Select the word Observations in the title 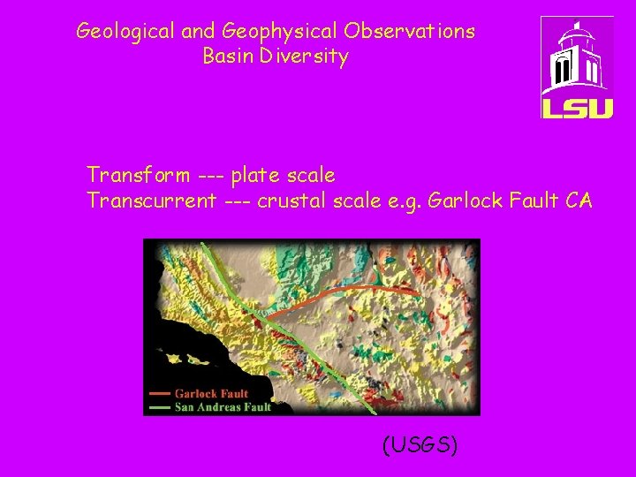click(410, 32)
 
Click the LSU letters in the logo click(576, 107)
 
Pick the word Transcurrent click(151, 201)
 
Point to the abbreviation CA click(579, 201)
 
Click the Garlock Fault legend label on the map click(212, 394)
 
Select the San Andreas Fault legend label click(223, 407)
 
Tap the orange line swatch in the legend click(160, 394)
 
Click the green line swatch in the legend click(160, 407)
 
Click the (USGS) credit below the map click(420, 445)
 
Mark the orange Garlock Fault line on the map click(353, 288)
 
